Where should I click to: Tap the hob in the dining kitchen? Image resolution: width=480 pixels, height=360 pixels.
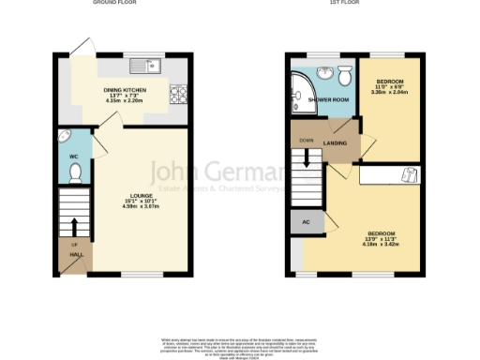(178, 94)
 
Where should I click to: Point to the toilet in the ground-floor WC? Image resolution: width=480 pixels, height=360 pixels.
(75, 172)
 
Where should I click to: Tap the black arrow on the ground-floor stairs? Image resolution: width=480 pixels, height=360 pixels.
(73, 228)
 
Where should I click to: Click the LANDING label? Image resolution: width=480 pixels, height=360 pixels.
(336, 142)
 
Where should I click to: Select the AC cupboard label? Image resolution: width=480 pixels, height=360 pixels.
(303, 222)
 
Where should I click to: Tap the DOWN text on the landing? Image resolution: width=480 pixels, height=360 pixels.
(306, 140)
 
